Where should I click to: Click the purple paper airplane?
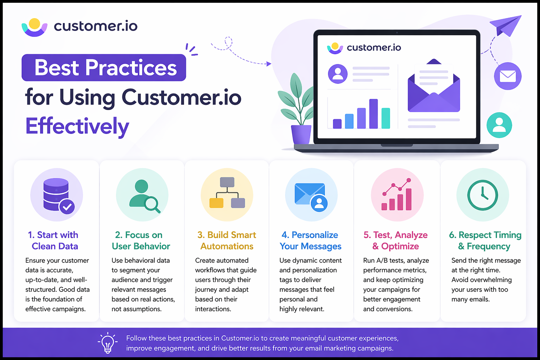click(506, 25)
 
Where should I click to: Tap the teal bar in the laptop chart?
click(386, 118)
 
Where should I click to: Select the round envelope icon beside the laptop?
click(508, 76)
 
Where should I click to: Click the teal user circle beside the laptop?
click(499, 125)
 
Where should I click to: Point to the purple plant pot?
click(301, 134)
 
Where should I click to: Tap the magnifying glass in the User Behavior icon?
click(152, 204)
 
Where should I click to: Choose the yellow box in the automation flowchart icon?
click(216, 203)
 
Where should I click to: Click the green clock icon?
click(482, 195)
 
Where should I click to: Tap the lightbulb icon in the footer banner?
click(108, 343)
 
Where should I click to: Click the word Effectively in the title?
click(77, 126)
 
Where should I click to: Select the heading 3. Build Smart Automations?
click(227, 240)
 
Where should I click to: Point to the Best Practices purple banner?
click(104, 67)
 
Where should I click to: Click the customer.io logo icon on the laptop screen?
click(335, 48)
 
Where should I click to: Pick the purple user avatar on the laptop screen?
click(337, 73)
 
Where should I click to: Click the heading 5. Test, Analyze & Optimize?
click(396, 240)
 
